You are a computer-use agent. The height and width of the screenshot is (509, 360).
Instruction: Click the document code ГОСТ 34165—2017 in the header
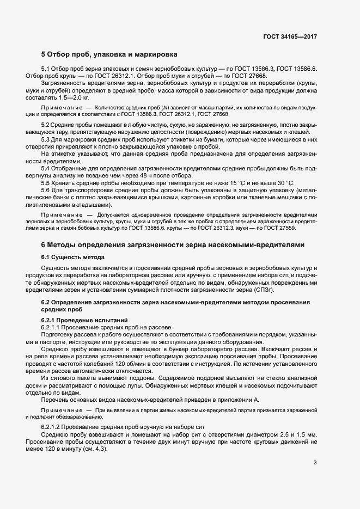click(x=290, y=36)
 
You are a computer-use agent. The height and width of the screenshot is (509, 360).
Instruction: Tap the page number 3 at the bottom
click(x=315, y=463)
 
